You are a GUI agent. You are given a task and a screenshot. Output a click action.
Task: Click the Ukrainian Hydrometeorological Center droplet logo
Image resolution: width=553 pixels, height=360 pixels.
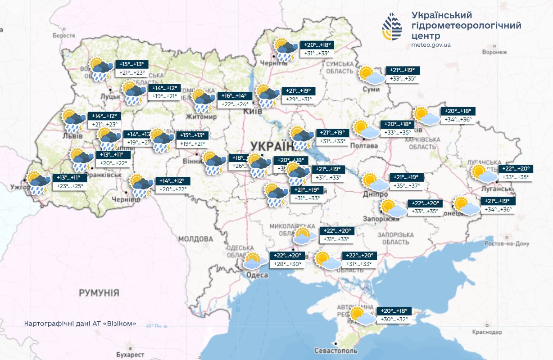pos(392,27)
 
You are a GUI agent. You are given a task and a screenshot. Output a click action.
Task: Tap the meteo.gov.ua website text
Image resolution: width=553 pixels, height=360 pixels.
pos(431,45)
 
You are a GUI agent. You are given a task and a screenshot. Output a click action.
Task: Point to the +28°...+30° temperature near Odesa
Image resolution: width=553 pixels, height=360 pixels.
pos(288,264)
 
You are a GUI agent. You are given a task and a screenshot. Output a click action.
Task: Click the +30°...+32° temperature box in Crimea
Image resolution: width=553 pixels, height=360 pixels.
pos(394,319)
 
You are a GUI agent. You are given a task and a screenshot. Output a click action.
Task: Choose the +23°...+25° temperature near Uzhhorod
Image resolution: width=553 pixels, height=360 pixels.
pos(70,185)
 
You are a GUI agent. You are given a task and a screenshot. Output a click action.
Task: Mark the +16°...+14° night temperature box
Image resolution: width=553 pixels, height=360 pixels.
pos(233,96)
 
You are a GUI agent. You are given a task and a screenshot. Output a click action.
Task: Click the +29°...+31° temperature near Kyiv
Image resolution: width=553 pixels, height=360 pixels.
pos(299,99)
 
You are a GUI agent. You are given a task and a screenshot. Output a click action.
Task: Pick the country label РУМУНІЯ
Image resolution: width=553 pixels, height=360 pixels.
pos(99,293)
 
